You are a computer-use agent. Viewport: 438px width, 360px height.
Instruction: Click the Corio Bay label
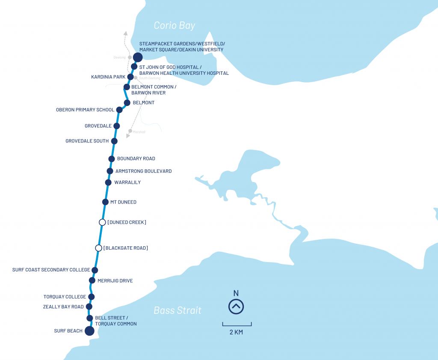coord(175,26)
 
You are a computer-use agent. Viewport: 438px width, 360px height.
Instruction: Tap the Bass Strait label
coord(178,310)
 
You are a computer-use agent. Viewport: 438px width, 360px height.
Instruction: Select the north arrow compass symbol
coord(236,306)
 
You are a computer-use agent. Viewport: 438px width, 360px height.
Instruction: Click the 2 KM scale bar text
coord(236,332)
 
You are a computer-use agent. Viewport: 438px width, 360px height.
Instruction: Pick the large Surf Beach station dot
coord(89,331)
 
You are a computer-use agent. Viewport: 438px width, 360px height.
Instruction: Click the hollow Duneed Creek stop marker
coord(102,222)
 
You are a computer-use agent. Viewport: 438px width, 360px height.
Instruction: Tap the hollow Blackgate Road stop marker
coord(99,248)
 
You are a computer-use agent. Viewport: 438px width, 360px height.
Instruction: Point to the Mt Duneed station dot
coord(105,202)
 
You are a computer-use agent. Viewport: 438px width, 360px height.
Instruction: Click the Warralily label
coord(127,183)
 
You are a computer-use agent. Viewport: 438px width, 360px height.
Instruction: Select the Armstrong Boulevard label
coord(143,171)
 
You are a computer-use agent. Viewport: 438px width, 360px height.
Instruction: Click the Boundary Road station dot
coord(112,159)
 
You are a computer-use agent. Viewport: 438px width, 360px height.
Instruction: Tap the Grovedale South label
coord(87,141)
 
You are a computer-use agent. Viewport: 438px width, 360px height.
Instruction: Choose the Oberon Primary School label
coord(85,110)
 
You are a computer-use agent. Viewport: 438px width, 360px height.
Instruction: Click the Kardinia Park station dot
coord(131,77)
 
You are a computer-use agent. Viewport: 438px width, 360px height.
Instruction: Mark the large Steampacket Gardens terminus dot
coord(138,57)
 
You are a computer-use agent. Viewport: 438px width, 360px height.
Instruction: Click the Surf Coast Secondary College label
coord(51,270)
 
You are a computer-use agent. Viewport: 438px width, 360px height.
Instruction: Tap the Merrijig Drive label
coord(115,281)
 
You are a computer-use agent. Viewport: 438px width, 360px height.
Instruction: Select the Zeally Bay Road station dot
coord(89,307)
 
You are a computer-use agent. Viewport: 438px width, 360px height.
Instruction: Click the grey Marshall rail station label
coord(139,132)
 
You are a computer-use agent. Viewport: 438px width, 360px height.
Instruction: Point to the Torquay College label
coord(65,297)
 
